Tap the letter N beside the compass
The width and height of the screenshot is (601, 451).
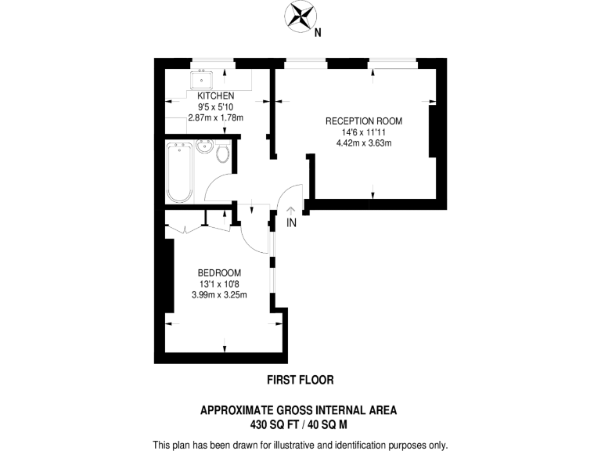(317, 33)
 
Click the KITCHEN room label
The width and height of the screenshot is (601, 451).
(216, 96)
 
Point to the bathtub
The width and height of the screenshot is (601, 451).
(179, 172)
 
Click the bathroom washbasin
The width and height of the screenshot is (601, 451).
(206, 148)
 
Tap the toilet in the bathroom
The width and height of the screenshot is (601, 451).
(223, 153)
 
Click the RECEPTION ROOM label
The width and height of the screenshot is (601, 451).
(364, 121)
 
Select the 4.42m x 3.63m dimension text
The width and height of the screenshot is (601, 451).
(364, 143)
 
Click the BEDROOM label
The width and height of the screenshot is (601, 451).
(219, 272)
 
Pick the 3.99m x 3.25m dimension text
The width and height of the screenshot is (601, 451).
(219, 295)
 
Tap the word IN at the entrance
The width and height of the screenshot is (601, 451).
(291, 223)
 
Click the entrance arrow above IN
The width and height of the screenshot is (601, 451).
(291, 210)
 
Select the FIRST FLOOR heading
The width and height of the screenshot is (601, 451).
(300, 380)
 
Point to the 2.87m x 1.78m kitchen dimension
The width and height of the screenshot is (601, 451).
(216, 118)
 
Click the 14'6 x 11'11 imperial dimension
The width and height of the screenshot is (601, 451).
(364, 132)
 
